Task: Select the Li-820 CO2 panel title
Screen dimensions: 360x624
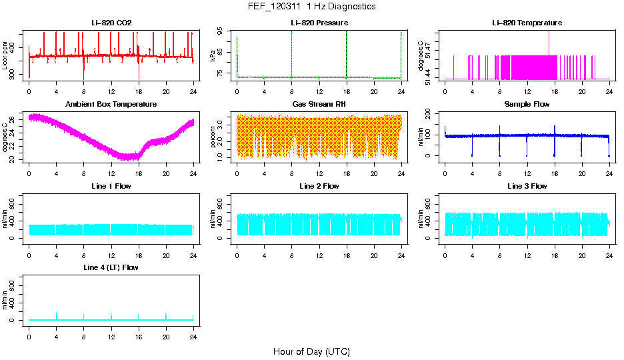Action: (111, 23)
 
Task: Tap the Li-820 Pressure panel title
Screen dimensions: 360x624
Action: (319, 23)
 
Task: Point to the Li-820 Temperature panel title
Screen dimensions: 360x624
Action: (527, 23)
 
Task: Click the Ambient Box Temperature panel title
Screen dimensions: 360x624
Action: (111, 105)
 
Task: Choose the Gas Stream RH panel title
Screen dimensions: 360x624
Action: (319, 105)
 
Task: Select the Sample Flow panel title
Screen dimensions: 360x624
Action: (527, 105)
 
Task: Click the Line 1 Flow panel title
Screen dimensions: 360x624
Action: (111, 186)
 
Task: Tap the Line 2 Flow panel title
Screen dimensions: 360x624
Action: (319, 186)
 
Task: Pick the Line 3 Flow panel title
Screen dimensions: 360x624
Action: (527, 186)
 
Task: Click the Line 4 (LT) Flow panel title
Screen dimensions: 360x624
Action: (111, 267)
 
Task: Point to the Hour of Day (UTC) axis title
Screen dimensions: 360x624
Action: (311, 351)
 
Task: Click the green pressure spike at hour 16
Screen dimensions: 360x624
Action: (347, 53)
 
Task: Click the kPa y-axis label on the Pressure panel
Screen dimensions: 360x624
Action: (213, 57)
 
